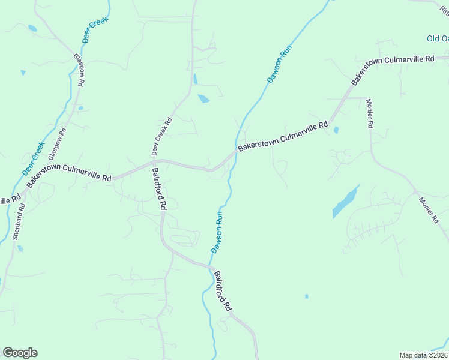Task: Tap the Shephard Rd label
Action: coord(19,222)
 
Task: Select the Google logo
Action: coord(20,353)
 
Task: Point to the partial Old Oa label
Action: coord(437,38)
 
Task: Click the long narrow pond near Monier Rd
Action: coord(346,202)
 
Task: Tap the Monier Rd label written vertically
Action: coord(370,113)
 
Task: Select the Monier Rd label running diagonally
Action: coord(429,211)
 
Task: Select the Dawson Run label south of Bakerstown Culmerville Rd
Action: coord(217,232)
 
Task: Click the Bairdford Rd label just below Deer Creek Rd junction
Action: coord(159,188)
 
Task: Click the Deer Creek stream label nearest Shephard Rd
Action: coord(33,158)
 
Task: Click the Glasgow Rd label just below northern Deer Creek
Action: coord(79,70)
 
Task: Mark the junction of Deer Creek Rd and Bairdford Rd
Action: coord(154,161)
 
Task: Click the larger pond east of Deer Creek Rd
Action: coord(203,99)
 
